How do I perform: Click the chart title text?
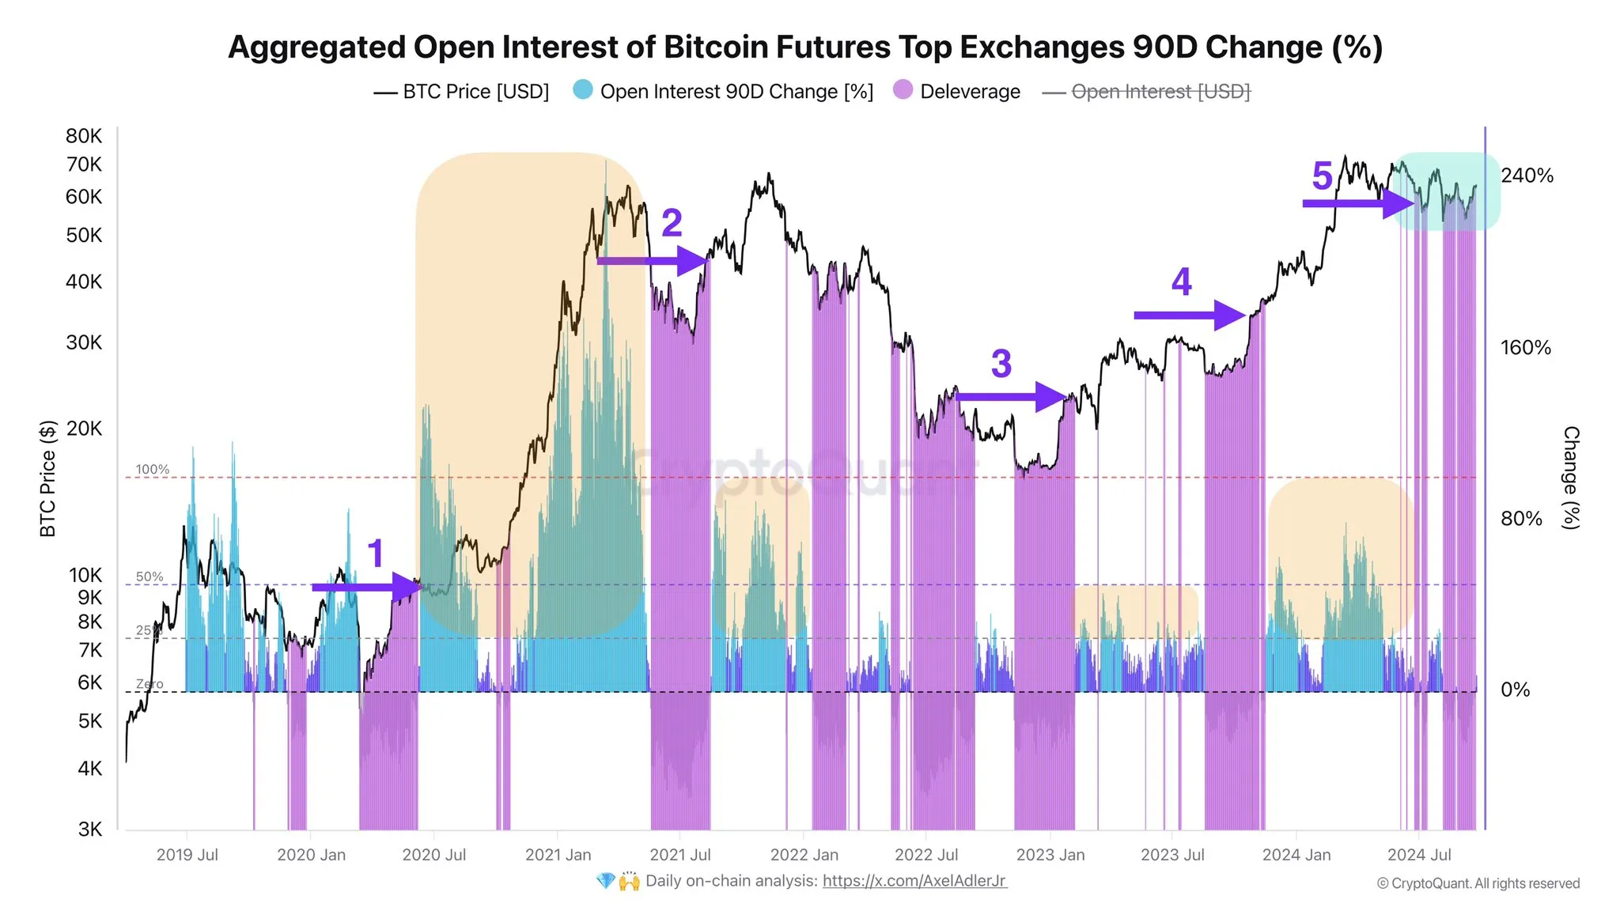(805, 47)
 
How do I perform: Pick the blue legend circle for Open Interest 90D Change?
(582, 90)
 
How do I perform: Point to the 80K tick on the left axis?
(83, 136)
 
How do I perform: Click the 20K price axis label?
(83, 429)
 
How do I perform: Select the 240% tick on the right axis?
(1527, 176)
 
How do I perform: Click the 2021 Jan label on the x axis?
(558, 855)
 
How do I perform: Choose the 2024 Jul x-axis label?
(1419, 855)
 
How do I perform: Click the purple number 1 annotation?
(376, 554)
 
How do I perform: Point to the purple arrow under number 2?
(653, 260)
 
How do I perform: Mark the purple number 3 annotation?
(1001, 364)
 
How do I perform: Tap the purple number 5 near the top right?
(1322, 176)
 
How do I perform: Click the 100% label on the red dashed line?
(152, 470)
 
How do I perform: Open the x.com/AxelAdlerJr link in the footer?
(914, 881)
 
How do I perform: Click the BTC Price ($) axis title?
(48, 478)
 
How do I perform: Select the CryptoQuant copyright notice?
(1478, 883)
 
